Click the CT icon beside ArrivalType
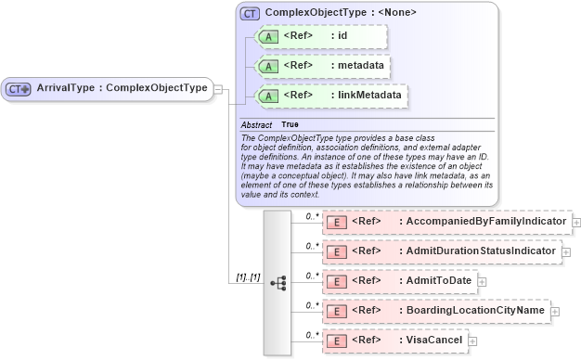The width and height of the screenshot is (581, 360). tap(19, 88)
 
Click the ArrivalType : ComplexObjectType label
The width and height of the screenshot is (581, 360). tap(121, 88)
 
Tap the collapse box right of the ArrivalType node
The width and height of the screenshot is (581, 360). tap(218, 88)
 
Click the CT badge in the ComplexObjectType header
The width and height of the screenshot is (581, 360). tap(250, 14)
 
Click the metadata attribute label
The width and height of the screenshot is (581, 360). tap(356, 66)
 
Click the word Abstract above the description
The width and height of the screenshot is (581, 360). tap(256, 124)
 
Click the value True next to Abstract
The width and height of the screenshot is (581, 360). tap(290, 124)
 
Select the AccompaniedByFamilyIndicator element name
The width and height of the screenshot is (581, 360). tap(482, 222)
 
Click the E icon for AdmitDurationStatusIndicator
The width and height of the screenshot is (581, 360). tap(338, 251)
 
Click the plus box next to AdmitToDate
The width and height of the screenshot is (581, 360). tap(482, 281)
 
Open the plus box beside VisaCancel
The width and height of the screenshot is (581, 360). tap(473, 341)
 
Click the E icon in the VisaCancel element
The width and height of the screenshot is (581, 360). tap(338, 341)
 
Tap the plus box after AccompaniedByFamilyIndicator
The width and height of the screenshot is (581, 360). tap(577, 223)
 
